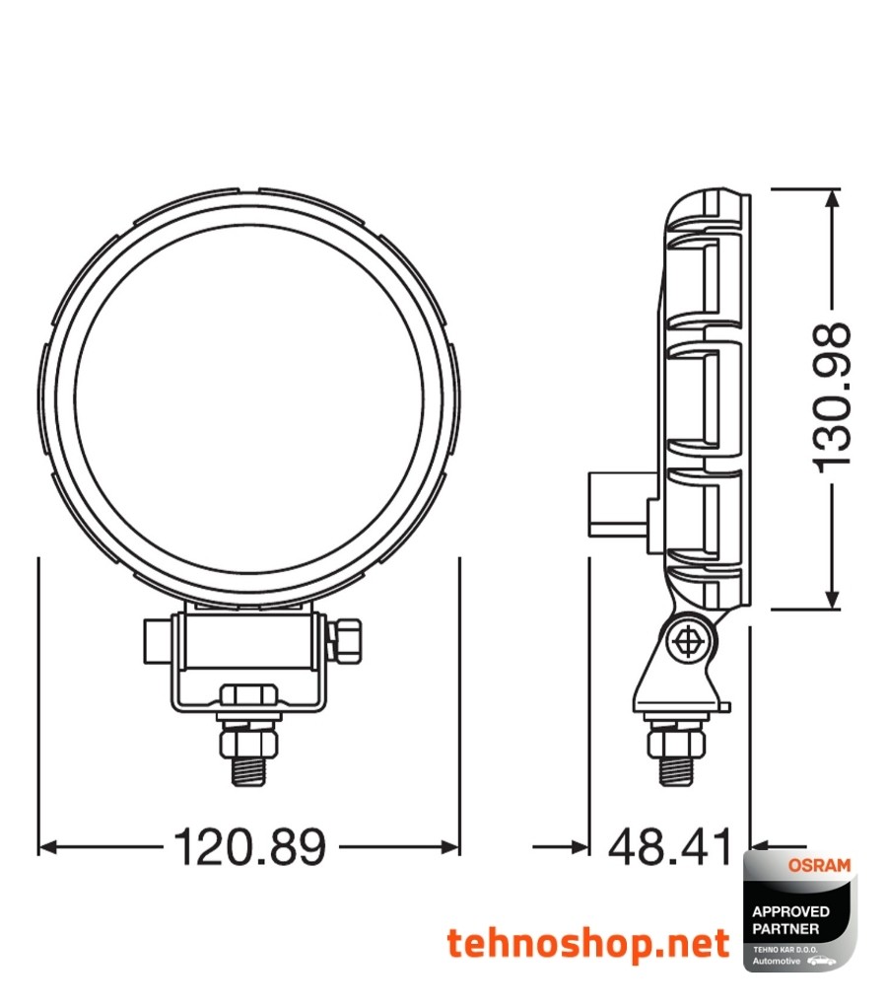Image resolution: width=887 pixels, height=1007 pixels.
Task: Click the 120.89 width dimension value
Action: tap(249, 846)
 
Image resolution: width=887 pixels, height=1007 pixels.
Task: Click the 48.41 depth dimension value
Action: tap(670, 846)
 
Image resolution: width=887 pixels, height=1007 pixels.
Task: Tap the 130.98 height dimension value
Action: tap(833, 396)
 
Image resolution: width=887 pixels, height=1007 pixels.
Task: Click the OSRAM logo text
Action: tap(818, 865)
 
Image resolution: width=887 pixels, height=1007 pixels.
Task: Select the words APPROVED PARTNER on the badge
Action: tap(790, 919)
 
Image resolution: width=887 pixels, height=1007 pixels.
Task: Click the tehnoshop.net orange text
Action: tap(588, 944)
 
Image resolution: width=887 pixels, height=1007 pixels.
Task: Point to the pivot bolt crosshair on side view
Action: tap(688, 641)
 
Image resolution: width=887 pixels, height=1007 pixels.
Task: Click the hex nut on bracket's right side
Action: tap(347, 639)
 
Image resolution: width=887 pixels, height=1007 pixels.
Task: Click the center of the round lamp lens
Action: tap(249, 399)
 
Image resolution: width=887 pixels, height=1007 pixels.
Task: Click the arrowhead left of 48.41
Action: tap(576, 846)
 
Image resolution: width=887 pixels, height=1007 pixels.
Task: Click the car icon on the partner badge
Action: tap(822, 960)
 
